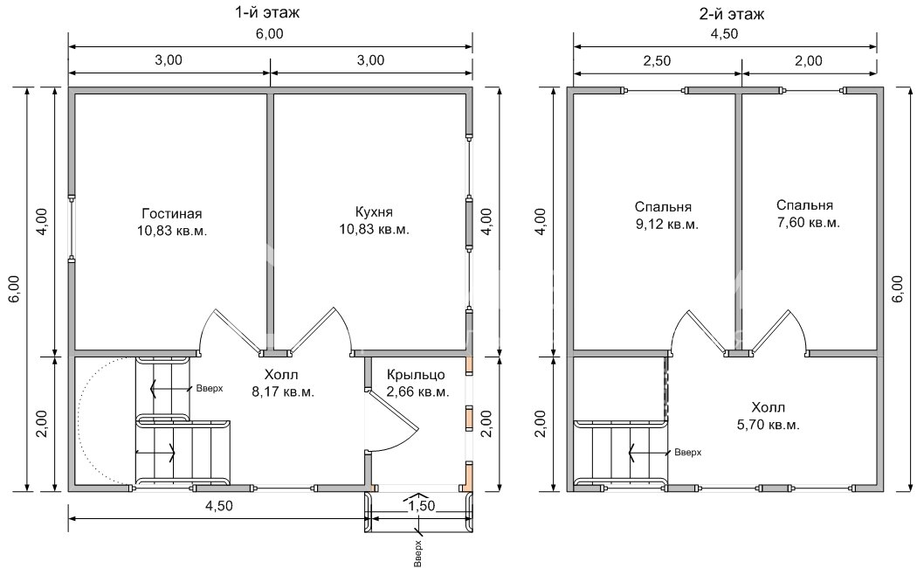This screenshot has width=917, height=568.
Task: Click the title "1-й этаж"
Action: [267, 11]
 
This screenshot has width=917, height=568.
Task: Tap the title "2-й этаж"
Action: [732, 13]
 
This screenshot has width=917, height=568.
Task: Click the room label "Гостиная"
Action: [172, 213]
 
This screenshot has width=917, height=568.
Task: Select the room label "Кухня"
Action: [375, 211]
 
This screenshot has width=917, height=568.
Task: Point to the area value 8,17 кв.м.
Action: [283, 392]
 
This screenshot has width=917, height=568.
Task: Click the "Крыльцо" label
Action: [417, 375]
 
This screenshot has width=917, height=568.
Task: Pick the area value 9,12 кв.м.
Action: [666, 224]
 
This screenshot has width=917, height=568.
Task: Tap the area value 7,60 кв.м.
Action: [808, 223]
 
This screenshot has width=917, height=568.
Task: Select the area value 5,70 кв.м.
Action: [768, 425]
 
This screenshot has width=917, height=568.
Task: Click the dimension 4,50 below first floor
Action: [218, 506]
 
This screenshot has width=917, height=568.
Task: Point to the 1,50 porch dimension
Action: [422, 505]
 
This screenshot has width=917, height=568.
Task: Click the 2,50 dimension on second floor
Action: [657, 61]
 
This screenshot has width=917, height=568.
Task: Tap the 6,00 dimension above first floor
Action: [269, 34]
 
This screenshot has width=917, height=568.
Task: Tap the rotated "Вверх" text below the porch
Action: [417, 553]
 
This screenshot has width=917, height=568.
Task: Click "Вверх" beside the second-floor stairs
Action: [688, 452]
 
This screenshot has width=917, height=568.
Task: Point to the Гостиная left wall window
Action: [72, 228]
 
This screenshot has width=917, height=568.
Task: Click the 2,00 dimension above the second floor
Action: [810, 61]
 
